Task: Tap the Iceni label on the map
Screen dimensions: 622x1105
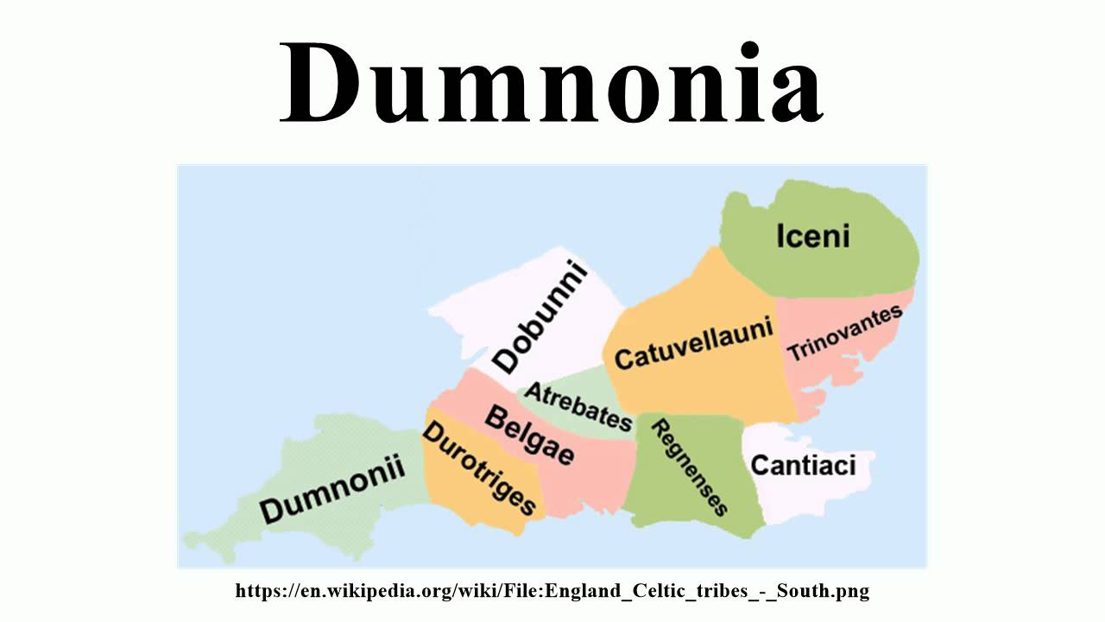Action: click(812, 236)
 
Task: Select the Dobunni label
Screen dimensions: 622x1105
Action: click(540, 318)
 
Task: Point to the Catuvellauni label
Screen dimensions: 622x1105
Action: click(693, 346)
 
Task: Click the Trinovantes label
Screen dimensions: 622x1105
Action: click(844, 333)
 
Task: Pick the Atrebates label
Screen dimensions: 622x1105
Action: click(578, 406)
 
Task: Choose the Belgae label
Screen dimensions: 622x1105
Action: click(529, 435)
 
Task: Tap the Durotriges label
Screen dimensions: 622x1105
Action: click(480, 468)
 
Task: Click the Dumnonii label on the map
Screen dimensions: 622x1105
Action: click(332, 490)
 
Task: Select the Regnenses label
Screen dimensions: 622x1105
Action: click(689, 466)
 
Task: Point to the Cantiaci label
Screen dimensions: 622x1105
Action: click(803, 466)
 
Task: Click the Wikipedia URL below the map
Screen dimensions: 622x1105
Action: click(552, 592)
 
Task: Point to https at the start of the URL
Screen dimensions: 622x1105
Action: click(256, 592)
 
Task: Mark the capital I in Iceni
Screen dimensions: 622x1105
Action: click(780, 236)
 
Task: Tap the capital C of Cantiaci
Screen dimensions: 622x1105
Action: click(761, 466)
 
